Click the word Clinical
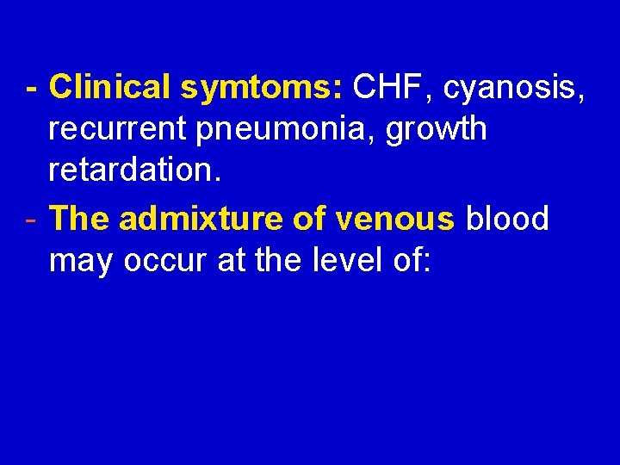point(109,87)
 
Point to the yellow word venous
point(395,220)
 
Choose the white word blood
point(507,220)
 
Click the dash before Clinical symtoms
point(31,88)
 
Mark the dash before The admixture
point(31,220)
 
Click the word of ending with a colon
point(409,261)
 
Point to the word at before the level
point(232,262)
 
